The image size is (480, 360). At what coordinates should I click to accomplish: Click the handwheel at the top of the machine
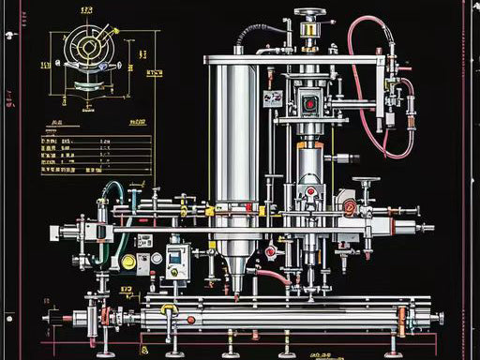point(310,13)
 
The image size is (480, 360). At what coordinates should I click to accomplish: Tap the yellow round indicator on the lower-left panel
point(127,261)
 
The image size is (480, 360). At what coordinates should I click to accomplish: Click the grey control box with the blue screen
point(177,260)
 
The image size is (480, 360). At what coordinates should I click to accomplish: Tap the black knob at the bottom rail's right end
point(436,319)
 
